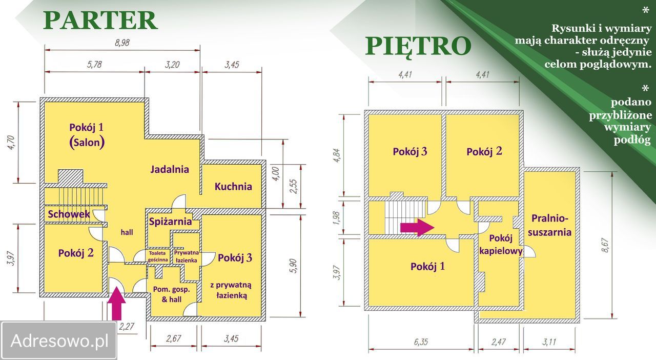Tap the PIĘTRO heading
click(418, 46)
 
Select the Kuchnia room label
click(233, 187)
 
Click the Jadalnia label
click(170, 169)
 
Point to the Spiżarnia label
click(170, 222)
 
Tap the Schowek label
click(69, 214)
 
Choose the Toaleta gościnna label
click(158, 256)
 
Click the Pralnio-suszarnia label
click(549, 225)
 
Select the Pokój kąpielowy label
click(501, 245)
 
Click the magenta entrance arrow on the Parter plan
click(116, 304)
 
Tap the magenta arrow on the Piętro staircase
click(417, 227)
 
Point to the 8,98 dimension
click(122, 43)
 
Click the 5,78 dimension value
click(94, 64)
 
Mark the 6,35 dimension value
click(421, 342)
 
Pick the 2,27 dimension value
click(127, 326)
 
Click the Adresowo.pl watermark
click(59, 341)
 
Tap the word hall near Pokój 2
click(127, 232)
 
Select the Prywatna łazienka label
click(186, 256)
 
